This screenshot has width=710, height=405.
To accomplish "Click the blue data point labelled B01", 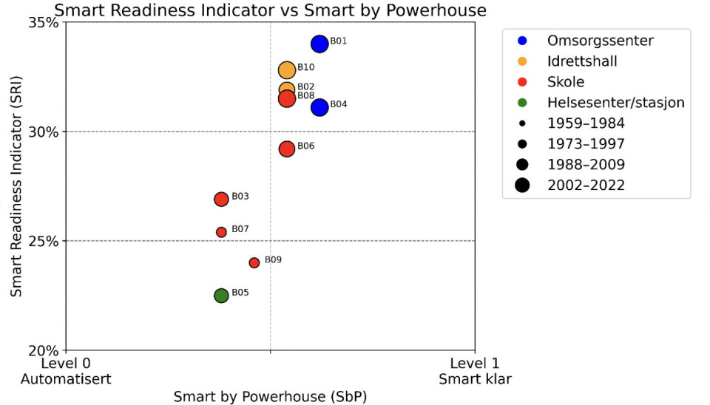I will point(319,44).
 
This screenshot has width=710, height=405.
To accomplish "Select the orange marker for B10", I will point(287,70).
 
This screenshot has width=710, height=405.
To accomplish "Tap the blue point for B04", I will point(319,107).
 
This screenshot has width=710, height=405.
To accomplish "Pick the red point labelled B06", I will point(287,149).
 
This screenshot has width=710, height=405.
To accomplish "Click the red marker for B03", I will point(221,199).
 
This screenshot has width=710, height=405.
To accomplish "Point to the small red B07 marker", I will point(221,232).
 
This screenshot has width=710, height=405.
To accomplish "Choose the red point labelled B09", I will point(254,262).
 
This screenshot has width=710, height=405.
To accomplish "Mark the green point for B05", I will point(221,296).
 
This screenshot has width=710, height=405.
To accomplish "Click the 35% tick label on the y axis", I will point(44,22).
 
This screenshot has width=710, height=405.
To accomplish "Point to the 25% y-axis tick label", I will point(44,241).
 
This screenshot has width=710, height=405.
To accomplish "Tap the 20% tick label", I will point(44,350).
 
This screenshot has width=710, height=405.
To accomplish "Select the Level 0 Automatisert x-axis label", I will point(67,371).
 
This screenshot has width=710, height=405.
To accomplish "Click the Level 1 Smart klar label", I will point(475,371).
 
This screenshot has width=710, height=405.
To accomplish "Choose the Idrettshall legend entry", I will point(581,61).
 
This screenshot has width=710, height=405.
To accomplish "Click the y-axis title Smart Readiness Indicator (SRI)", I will point(16,186).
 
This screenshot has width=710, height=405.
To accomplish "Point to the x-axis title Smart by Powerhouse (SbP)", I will point(270,397).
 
